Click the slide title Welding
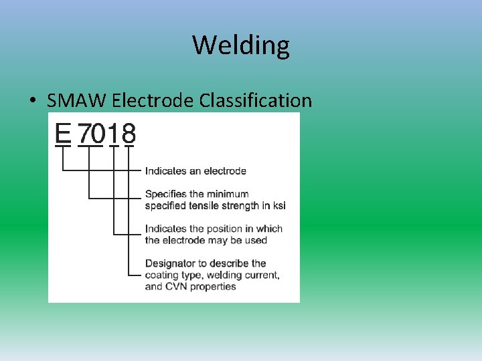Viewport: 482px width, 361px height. click(x=241, y=45)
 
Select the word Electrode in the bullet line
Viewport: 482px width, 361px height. click(x=153, y=101)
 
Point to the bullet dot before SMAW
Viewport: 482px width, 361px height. click(x=32, y=102)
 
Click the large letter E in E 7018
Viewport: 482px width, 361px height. click(x=63, y=133)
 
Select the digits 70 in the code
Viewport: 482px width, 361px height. click(x=92, y=133)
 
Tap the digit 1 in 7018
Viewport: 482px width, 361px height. click(x=114, y=133)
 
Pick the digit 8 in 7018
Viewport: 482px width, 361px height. click(x=129, y=133)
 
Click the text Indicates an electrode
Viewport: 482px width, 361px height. click(x=195, y=171)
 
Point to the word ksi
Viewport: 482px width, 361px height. click(x=278, y=205)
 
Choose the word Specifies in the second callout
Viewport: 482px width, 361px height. click(x=166, y=194)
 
